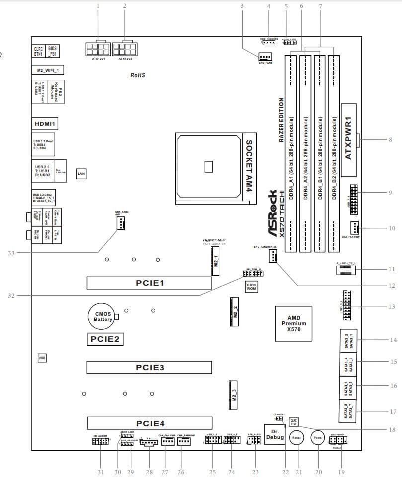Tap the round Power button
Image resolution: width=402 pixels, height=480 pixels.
[318, 438]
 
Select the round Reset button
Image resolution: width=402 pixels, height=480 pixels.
[296, 438]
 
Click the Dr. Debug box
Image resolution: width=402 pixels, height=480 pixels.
[275, 434]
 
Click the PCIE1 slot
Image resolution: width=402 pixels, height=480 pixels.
[149, 283]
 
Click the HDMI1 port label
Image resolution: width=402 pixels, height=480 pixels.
[47, 123]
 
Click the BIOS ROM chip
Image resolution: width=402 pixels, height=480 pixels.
[252, 287]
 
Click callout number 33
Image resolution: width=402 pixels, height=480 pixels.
[12, 253]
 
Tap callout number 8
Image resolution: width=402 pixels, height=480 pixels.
[390, 140]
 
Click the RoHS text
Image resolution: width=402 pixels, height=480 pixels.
[137, 76]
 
